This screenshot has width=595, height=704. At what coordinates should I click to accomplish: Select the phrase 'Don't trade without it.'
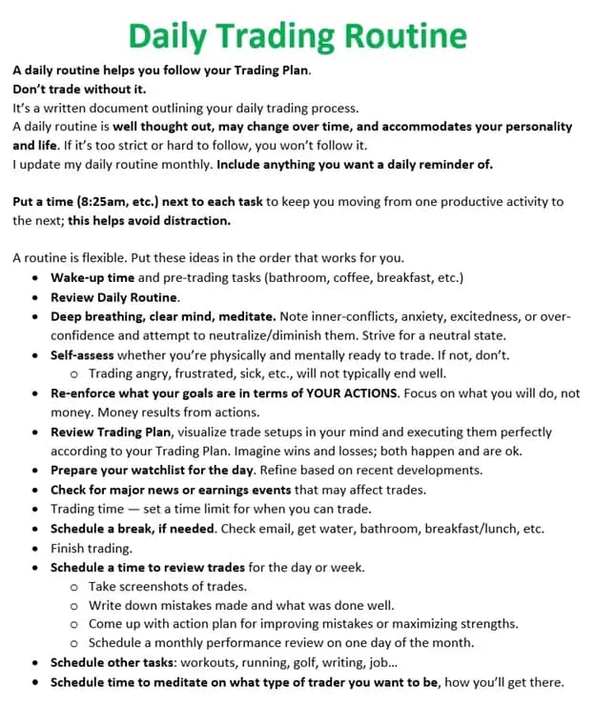click(x=79, y=89)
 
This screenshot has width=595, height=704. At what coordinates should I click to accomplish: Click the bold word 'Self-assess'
click(x=85, y=354)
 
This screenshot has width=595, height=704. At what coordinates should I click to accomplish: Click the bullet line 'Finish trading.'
click(x=92, y=548)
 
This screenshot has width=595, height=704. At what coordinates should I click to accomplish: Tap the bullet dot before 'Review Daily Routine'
click(x=35, y=297)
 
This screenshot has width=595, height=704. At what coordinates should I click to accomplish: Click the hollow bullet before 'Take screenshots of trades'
click(x=73, y=587)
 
